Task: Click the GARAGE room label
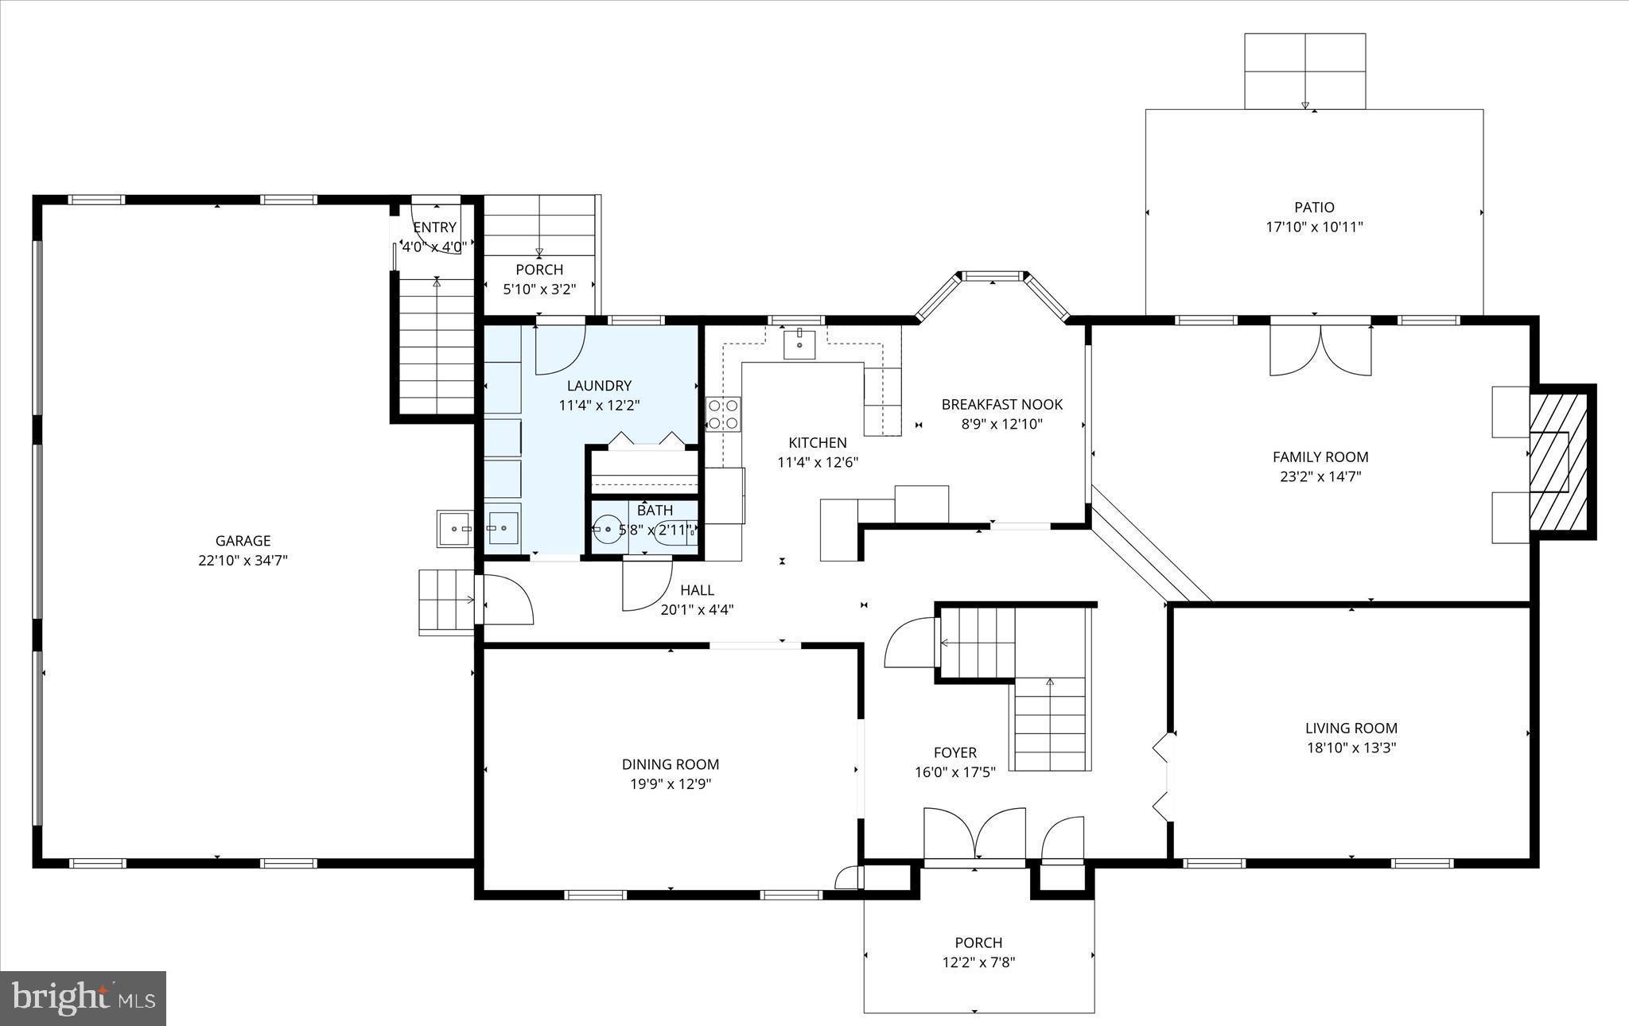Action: point(243,541)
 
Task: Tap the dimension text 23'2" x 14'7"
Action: point(1320,477)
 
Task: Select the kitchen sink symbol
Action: point(799,345)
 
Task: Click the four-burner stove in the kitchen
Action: point(723,414)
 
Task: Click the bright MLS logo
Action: point(83,997)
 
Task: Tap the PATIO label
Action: point(1314,208)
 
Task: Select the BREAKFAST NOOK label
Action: point(1001,405)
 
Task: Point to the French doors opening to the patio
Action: point(1320,350)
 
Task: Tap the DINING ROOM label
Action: point(670,764)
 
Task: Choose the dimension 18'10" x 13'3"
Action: point(1351,748)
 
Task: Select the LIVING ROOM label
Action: point(1351,728)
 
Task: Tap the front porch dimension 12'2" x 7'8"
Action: point(978,962)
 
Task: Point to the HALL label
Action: point(697,590)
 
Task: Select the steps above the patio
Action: point(1304,72)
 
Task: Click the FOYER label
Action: point(954,752)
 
